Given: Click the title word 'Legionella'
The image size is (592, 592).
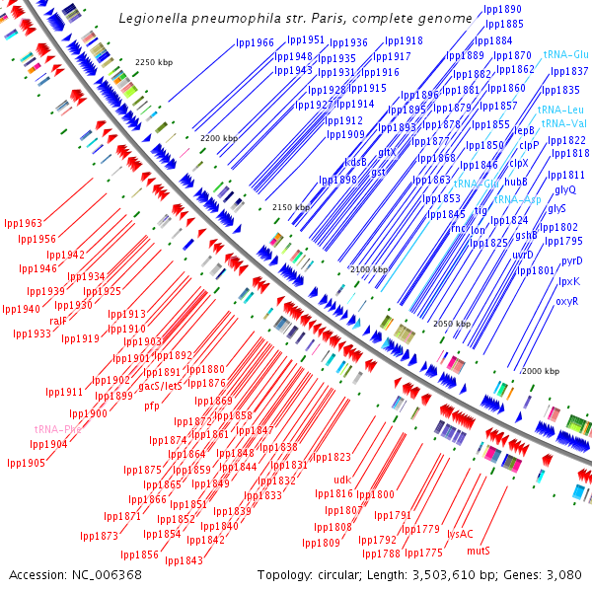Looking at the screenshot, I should pyautogui.click(x=151, y=18).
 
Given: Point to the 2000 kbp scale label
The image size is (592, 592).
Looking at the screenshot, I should pyautogui.click(x=540, y=371).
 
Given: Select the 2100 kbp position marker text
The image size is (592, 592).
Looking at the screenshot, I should pyautogui.click(x=369, y=268).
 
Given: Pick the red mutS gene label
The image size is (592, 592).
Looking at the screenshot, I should pyautogui.click(x=479, y=550).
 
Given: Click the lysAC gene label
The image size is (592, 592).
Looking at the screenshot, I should pyautogui.click(x=460, y=533).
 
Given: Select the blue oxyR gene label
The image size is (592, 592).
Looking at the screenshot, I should pyautogui.click(x=566, y=301).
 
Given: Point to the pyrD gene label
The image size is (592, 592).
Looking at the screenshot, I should pyautogui.click(x=571, y=261).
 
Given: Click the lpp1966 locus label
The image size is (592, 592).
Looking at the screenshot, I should pyautogui.click(x=256, y=42).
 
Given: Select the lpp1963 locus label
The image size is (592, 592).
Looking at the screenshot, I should pyautogui.click(x=23, y=223).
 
